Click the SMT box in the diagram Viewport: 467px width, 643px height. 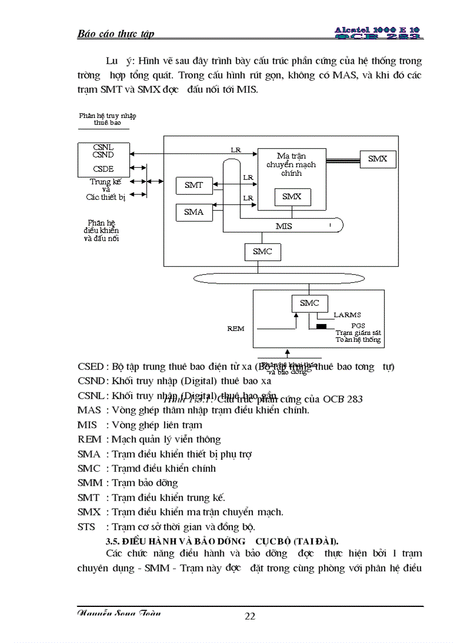coord(194,185)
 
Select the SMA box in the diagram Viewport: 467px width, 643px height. coord(194,212)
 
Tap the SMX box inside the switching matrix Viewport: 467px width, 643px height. coord(292,197)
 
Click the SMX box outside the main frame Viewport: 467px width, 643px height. coord(377,159)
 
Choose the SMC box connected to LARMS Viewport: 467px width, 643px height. coord(309,303)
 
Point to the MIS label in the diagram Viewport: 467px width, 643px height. coord(284,226)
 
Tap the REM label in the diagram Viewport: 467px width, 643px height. coord(236,329)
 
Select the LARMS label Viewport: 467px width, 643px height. coord(347,315)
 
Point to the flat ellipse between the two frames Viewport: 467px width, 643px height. coord(279,278)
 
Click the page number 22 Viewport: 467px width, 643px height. coord(250,616)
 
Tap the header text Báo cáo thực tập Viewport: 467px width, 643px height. coord(116,34)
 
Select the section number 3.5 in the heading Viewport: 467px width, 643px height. coord(113,541)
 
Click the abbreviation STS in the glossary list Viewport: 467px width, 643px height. coord(86,527)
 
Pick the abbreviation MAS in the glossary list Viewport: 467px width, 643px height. coord(88,410)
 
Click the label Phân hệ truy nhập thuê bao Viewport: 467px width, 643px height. coord(108,119)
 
